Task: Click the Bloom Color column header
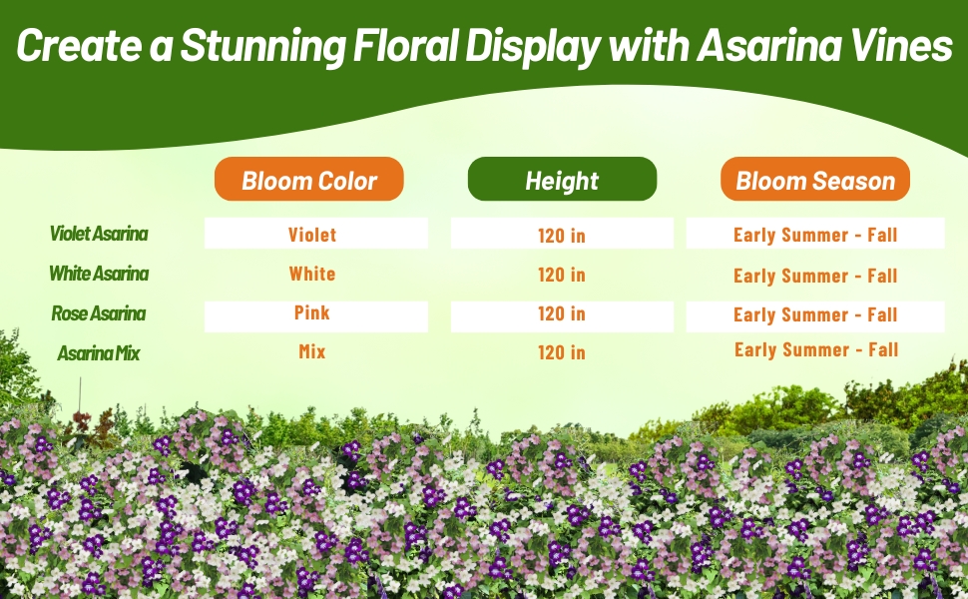pyautogui.click(x=309, y=180)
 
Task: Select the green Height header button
pyautogui.click(x=562, y=180)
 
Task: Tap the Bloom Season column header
pyautogui.click(x=815, y=180)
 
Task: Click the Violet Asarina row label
pyautogui.click(x=99, y=234)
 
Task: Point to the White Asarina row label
pyautogui.click(x=99, y=273)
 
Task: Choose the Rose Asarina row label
pyautogui.click(x=99, y=313)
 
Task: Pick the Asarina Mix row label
pyautogui.click(x=99, y=352)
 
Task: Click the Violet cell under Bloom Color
pyautogui.click(x=312, y=235)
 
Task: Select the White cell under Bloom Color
pyautogui.click(x=312, y=274)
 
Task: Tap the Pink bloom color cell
pyautogui.click(x=312, y=312)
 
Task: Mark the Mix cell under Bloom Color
pyautogui.click(x=312, y=351)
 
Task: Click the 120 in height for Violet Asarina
pyautogui.click(x=562, y=236)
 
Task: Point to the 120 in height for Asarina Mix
pyautogui.click(x=562, y=352)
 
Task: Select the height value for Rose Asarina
pyautogui.click(x=562, y=313)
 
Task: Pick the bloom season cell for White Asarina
pyautogui.click(x=815, y=276)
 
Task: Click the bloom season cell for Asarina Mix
pyautogui.click(x=816, y=349)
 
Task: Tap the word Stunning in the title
pyautogui.click(x=264, y=47)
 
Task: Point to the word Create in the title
pyautogui.click(x=77, y=46)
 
